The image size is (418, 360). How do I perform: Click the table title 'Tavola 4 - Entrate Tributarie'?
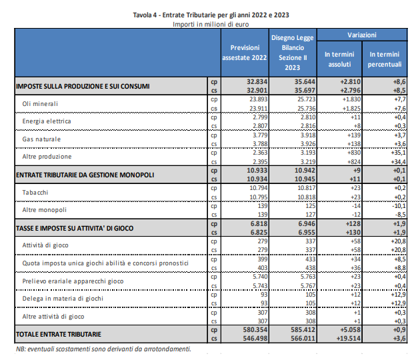174,15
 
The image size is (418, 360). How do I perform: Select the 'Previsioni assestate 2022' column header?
245,53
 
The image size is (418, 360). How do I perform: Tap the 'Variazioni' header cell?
362,35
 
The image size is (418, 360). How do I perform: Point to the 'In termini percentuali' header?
385,59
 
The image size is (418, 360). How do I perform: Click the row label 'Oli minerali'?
40,104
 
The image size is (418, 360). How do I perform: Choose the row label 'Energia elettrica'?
47,121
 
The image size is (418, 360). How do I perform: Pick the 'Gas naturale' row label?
41,139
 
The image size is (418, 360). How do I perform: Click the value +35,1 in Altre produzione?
398,153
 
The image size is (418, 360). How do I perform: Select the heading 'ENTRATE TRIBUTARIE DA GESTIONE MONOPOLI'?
85,175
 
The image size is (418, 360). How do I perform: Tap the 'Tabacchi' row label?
35,193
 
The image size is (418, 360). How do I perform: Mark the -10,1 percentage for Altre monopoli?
399,206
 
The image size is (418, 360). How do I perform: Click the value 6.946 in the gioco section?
307,224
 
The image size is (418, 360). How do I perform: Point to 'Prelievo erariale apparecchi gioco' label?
73,281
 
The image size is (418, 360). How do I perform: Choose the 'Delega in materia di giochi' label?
63,299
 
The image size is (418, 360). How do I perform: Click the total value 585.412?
303,330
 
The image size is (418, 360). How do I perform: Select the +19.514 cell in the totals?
349,339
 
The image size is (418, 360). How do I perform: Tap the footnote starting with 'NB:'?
103,349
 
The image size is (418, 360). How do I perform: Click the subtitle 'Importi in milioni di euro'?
211,24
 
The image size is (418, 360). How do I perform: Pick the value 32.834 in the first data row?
257,81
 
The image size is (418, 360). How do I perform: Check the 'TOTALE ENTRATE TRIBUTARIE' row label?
59,335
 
